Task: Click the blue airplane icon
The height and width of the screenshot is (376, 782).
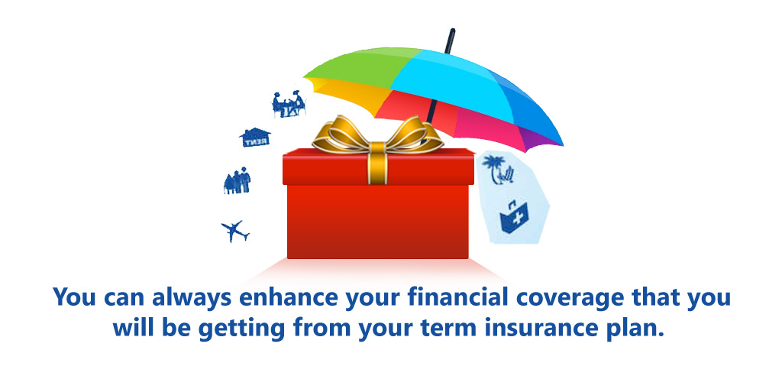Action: coord(235,232)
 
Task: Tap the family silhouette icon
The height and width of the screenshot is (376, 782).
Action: coord(238,181)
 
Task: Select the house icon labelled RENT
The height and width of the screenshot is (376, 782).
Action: coord(255,138)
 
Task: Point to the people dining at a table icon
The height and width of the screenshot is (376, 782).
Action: coord(289,105)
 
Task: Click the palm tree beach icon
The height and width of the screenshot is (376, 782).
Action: coord(498,170)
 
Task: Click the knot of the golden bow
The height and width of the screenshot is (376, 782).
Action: coord(377,149)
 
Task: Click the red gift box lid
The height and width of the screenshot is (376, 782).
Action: coord(379,167)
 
